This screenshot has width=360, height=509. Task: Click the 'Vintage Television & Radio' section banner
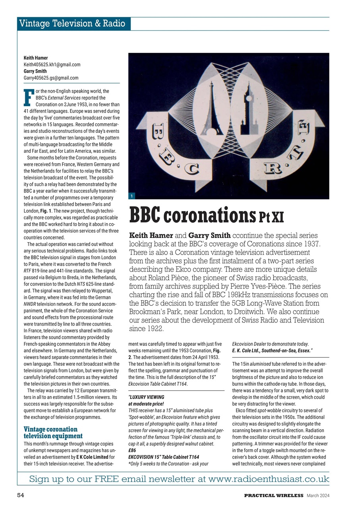pyautogui.click(x=74, y=24)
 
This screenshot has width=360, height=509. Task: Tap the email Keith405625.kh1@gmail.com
pyautogui.click(x=52, y=64)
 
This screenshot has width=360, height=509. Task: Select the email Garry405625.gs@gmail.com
pyautogui.click(x=51, y=78)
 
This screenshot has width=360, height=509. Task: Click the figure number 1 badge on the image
pyautogui.click(x=132, y=196)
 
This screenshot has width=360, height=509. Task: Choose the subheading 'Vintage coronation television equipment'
pyautogui.click(x=50, y=432)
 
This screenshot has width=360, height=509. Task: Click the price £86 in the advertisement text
pyautogui.click(x=132, y=451)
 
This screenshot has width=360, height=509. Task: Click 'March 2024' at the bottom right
pyautogui.click(x=318, y=495)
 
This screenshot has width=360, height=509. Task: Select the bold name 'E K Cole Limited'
pyautogui.click(x=93, y=457)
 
